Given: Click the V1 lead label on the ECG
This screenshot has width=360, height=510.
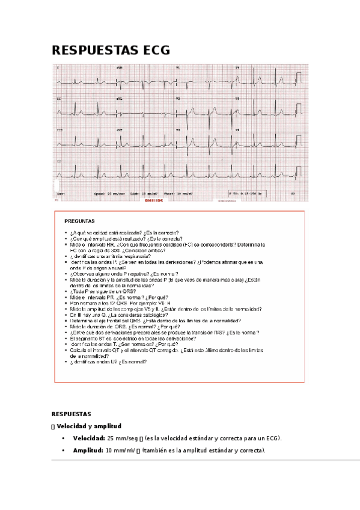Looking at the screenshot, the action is [x=178, y=68].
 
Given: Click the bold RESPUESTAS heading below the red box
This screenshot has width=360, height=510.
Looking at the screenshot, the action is [x=72, y=414].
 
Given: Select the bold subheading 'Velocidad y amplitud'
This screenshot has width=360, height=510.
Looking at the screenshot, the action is [x=90, y=426].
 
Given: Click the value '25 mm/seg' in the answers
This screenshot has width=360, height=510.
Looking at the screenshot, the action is [x=121, y=438].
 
